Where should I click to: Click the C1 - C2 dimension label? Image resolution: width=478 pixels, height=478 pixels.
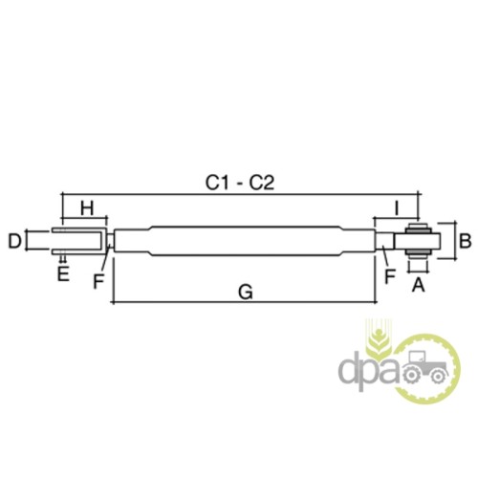[240, 183]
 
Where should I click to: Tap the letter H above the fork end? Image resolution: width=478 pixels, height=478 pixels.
[87, 208]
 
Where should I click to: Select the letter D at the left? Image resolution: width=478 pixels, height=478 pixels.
[14, 241]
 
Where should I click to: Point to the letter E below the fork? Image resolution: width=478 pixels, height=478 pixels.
[63, 273]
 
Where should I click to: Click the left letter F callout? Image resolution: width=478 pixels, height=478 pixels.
[98, 281]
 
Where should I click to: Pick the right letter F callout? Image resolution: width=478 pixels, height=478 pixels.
[390, 276]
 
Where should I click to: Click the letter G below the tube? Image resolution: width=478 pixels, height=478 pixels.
[246, 292]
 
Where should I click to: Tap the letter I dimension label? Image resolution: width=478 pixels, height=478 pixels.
[397, 208]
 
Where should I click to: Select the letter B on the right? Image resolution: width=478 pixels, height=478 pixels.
[466, 241]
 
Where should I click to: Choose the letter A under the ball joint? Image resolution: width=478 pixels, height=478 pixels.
[419, 285]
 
